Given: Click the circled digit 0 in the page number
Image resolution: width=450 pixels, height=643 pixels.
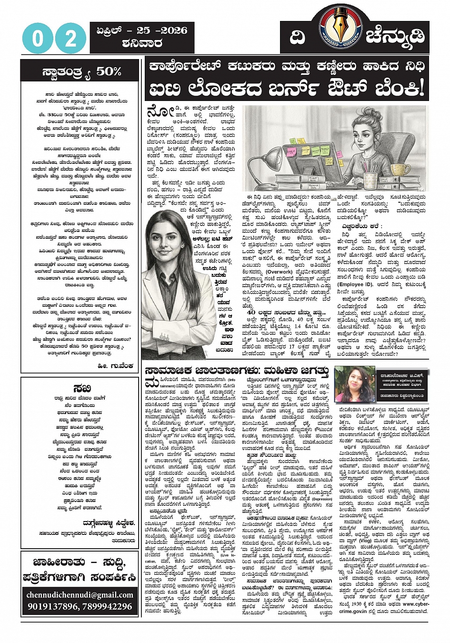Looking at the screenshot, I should coord(38,38).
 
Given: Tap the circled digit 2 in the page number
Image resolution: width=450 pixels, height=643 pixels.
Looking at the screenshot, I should coord(70,38).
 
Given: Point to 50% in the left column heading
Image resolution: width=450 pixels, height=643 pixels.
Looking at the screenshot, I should coord(109,71).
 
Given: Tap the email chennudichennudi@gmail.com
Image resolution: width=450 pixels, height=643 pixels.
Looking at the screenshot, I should coord(80,594).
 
